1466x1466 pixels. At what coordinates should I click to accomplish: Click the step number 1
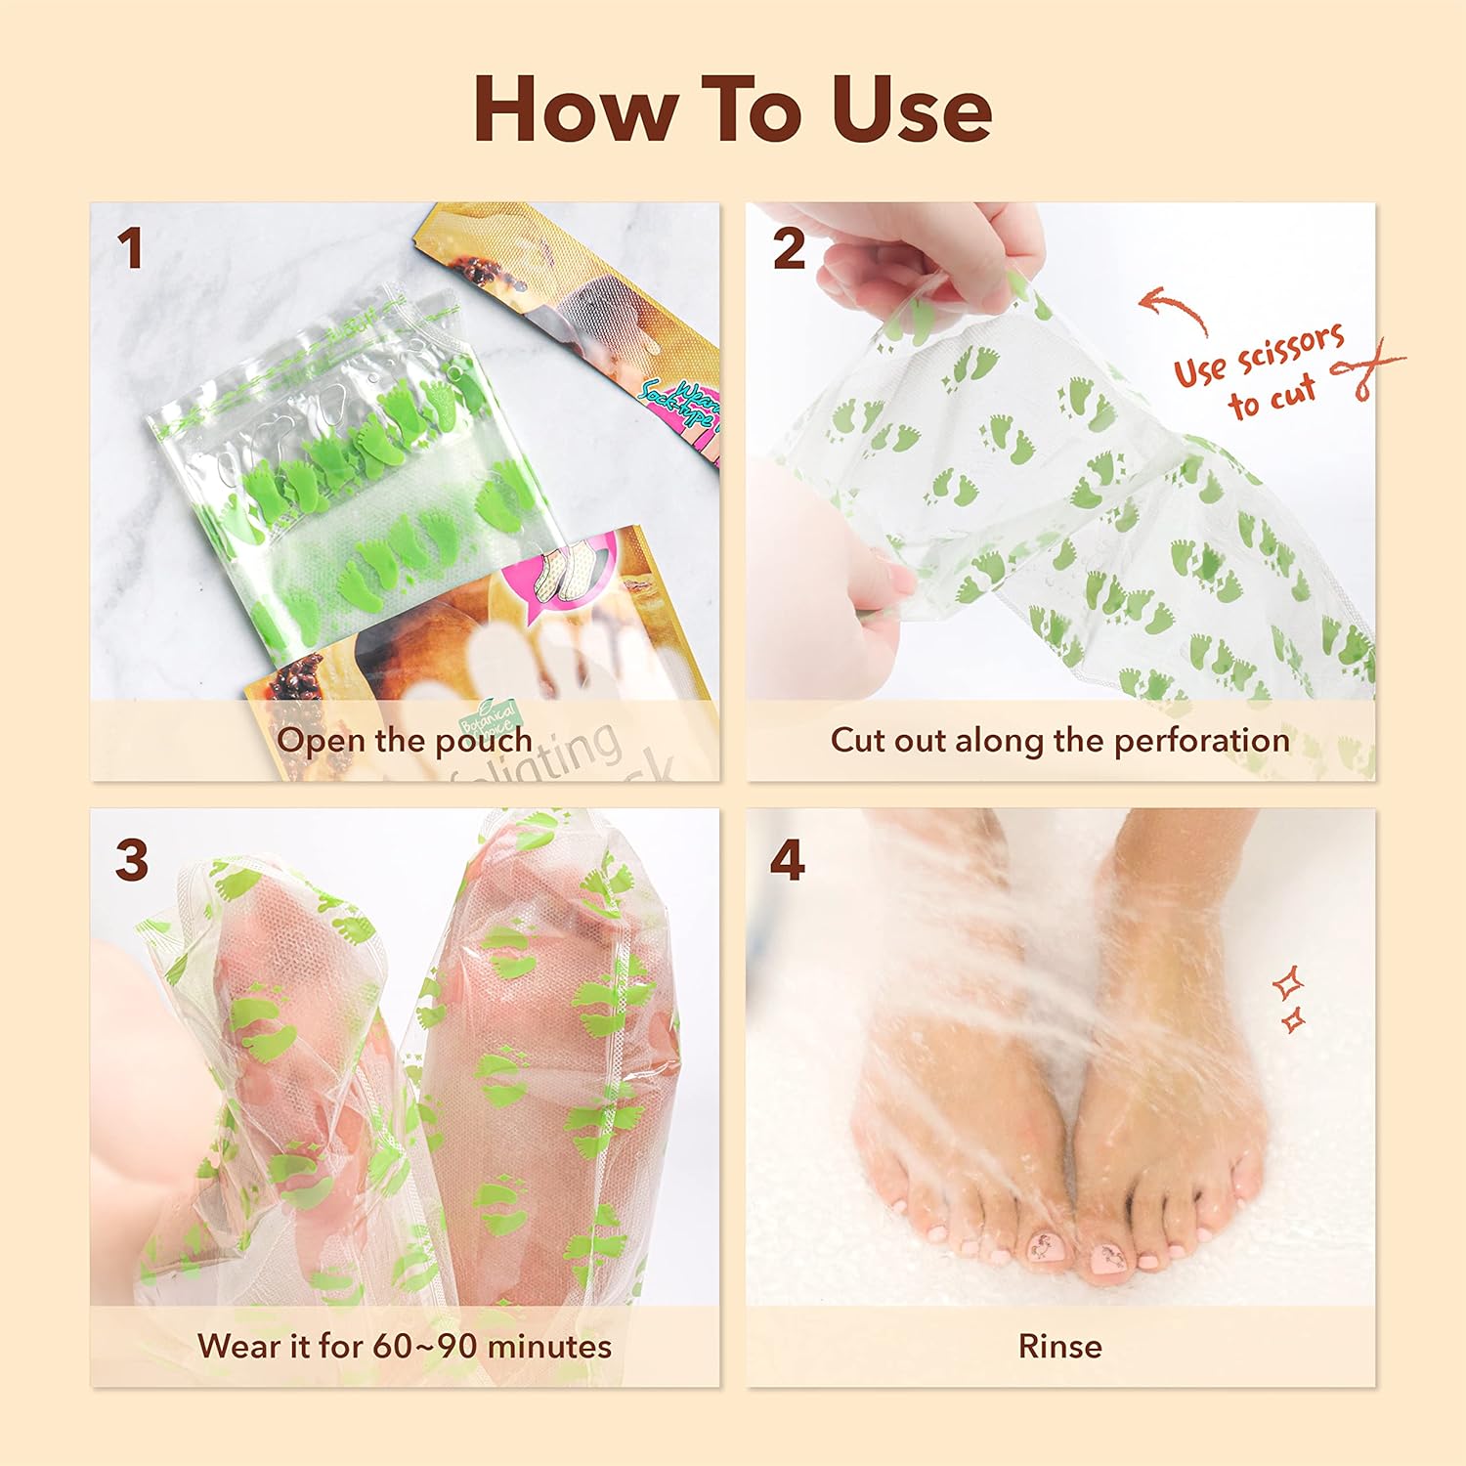130,249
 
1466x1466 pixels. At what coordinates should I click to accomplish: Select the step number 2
789,249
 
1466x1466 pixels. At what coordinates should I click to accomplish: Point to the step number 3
132,861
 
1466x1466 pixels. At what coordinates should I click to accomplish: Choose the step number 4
788,861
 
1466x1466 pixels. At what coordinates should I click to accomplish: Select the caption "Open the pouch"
405,741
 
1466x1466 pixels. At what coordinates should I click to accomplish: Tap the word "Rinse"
1059,1347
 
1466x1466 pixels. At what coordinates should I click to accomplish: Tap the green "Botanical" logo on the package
490,719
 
